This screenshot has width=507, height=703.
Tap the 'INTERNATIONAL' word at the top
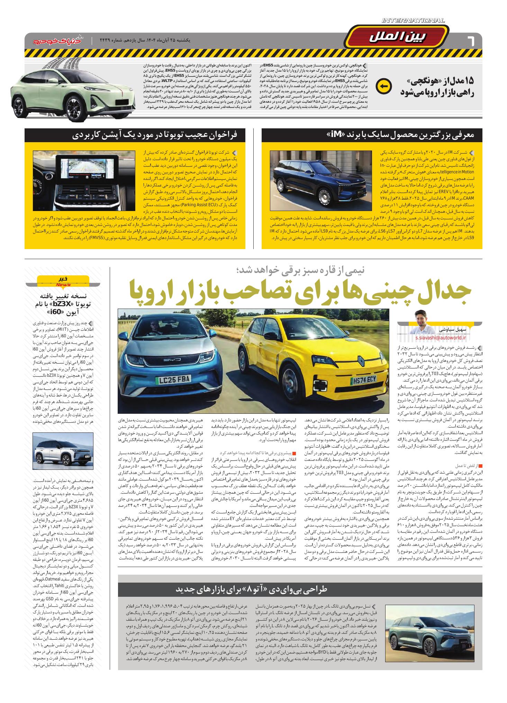[x=413, y=21]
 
